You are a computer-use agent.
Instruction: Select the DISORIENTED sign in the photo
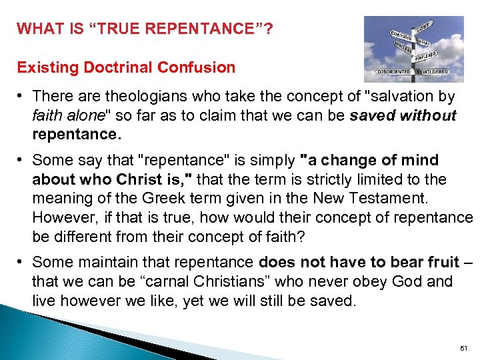click(394, 71)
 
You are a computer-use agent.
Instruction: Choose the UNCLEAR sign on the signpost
click(402, 47)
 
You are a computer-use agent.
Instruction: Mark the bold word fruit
click(437, 263)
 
